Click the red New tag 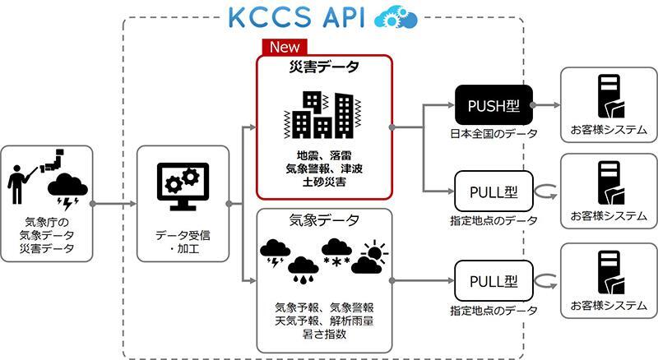pos(282,47)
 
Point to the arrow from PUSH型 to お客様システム pos(547,105)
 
